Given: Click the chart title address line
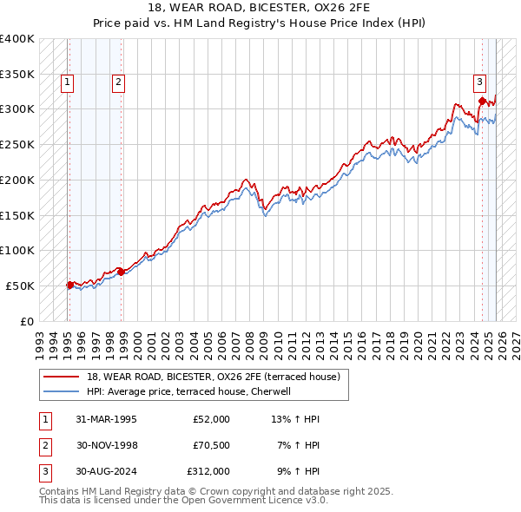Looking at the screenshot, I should pos(260,9).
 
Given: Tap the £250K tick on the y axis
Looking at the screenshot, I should pos(17,144).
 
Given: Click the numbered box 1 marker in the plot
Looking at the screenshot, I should pos(67,83).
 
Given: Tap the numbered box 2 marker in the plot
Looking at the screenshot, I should pos(118,83).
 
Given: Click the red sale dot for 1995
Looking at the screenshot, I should pos(69,284).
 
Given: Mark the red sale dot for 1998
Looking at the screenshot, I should pos(121,272).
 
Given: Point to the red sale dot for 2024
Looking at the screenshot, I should pos(482,101).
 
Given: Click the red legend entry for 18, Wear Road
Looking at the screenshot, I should pos(218,376).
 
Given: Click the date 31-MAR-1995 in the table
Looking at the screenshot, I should pos(106,420).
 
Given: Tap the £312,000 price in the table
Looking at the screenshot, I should pos(208,472).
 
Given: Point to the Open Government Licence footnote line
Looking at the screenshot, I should pos(183,501).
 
